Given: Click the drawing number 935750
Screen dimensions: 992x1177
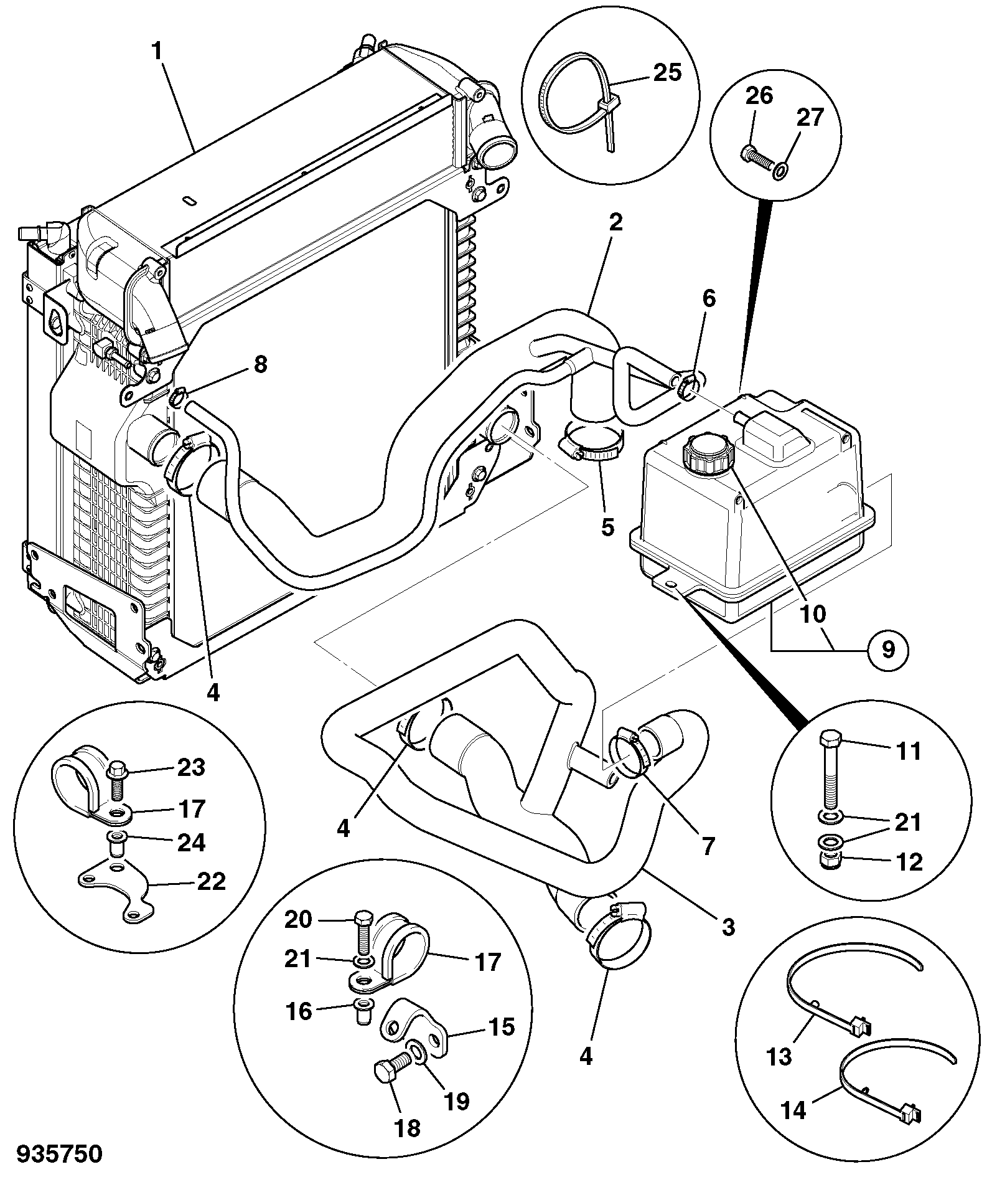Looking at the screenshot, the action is pos(59,1154).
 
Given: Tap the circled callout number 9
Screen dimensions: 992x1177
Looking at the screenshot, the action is pos(887,650).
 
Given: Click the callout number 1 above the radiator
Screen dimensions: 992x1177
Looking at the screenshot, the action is pos(157,52).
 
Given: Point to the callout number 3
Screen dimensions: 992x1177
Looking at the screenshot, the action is pos(728,927).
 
